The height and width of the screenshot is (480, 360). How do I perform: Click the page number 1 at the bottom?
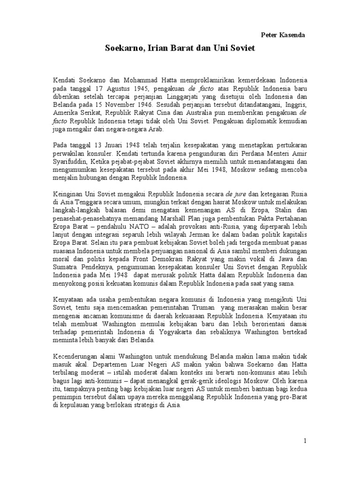305,441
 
